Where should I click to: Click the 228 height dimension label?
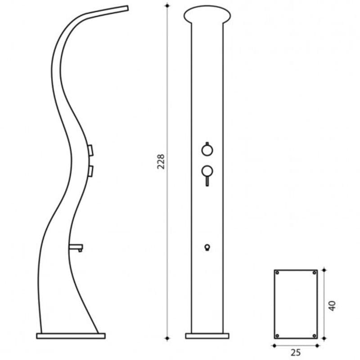[161, 162]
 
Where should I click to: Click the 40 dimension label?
[332, 306]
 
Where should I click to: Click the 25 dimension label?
[296, 352]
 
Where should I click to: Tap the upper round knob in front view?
[207, 150]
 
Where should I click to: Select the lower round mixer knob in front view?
[207, 171]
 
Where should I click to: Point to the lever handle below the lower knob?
[207, 181]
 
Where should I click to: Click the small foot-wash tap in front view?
[207, 247]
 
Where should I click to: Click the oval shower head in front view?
[207, 15]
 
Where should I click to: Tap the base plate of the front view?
[207, 336]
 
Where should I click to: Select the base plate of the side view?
[71, 336]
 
